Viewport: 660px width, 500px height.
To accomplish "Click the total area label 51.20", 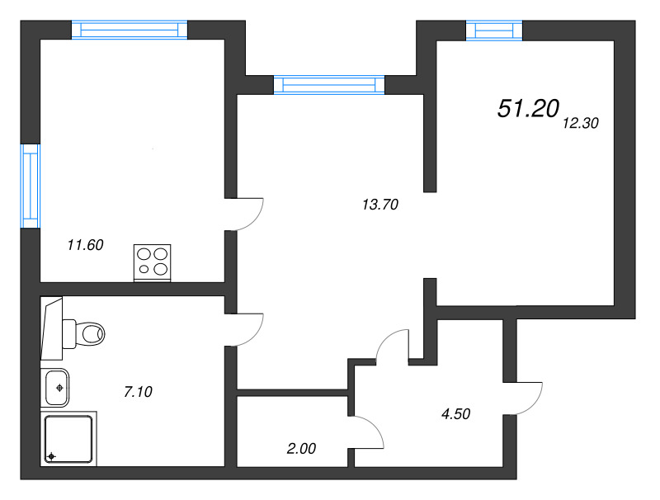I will [x=529, y=108].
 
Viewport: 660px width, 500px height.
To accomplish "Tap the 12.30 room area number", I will [x=579, y=124].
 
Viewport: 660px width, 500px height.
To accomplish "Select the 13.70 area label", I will [x=380, y=205].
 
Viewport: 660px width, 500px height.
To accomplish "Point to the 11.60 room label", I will [x=84, y=244].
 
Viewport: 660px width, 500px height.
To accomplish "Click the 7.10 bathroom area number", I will [x=138, y=393].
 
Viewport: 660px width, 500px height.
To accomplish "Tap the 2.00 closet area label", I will [x=300, y=449].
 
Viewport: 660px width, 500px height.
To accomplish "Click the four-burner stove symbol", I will [x=152, y=262].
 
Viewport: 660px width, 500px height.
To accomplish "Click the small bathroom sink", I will [x=56, y=386].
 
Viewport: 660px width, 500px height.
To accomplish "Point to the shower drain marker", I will [x=51, y=456].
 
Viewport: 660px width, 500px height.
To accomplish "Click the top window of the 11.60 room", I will [x=130, y=30].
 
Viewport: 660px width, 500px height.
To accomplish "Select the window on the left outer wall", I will [x=30, y=186].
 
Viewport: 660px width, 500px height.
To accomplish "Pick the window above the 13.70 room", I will [x=329, y=84].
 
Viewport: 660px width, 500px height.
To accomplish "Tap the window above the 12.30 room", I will [x=494, y=31].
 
